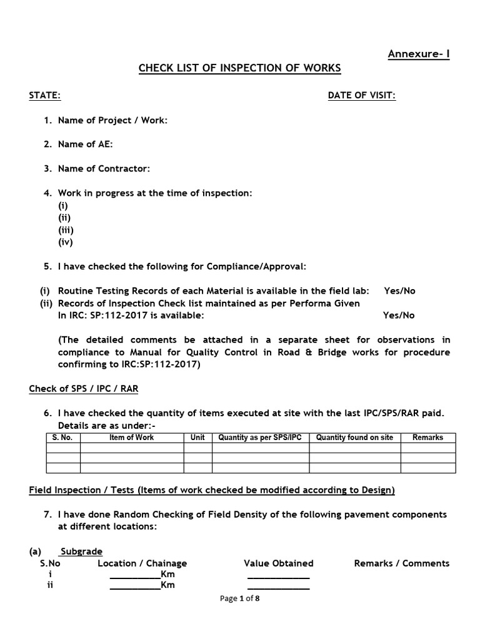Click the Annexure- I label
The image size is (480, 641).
[418, 54]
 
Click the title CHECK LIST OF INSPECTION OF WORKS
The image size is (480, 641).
[240, 68]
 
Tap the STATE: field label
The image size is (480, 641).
[45, 95]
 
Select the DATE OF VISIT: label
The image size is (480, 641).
[362, 95]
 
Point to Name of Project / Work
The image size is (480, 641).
[112, 120]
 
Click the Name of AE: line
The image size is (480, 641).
[86, 144]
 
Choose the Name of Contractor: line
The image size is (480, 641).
[104, 168]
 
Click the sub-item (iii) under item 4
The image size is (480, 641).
[66, 230]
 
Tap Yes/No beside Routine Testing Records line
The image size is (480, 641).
[399, 291]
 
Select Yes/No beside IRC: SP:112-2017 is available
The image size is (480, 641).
[399, 315]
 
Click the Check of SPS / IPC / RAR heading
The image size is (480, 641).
[84, 389]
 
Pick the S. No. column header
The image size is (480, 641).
[62, 438]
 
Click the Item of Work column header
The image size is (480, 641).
[131, 438]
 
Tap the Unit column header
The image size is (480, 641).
[197, 438]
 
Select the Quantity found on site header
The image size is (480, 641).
[354, 438]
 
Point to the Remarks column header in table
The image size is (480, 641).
[427, 438]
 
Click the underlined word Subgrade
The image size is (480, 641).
[81, 551]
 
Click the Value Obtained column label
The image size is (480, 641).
[278, 563]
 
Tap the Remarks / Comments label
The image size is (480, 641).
[401, 563]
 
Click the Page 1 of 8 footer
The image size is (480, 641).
[240, 599]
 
